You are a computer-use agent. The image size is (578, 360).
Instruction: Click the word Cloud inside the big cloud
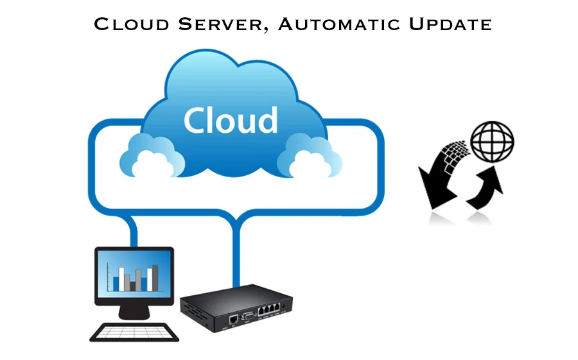point(230,120)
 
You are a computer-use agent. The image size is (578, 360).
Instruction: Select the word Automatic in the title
point(342,25)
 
